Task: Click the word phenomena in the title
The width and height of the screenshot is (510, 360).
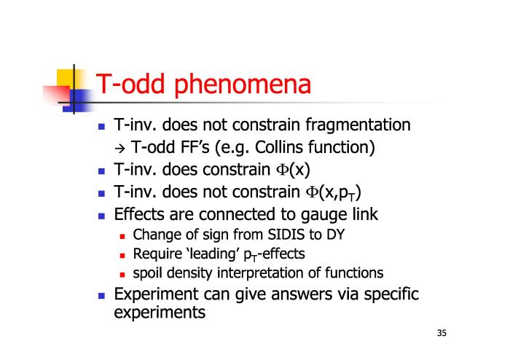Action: [243, 85]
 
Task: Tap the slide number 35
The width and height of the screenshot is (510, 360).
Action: [442, 333]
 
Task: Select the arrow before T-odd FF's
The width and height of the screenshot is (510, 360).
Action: [119, 149]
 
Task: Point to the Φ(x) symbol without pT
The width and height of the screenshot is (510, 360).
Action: [293, 170]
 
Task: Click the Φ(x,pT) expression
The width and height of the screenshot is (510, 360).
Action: [333, 192]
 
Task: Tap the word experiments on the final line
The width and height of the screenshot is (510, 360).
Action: [160, 313]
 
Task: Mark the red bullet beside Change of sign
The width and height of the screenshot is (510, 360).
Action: [122, 236]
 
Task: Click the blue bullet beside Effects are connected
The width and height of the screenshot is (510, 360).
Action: [101, 216]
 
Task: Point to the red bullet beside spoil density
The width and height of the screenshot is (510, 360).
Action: [122, 275]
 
